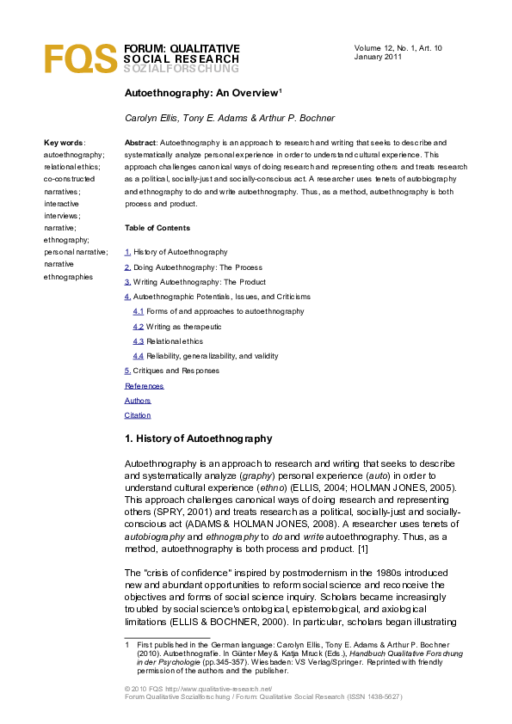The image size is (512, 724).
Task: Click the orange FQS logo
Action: point(79,58)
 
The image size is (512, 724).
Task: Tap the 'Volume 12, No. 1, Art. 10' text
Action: point(398,47)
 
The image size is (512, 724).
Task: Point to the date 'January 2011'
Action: point(378,57)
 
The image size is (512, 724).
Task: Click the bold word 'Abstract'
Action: point(140,143)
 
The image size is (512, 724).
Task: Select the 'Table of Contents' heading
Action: point(157,228)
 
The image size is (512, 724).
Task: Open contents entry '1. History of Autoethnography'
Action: point(176,252)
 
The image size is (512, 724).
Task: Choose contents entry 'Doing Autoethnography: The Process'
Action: point(197,267)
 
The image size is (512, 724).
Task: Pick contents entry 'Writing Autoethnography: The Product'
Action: point(199,282)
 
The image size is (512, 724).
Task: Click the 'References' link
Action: point(144,386)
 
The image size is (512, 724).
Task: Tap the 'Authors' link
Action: point(138,401)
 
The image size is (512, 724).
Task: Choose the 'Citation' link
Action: point(138,415)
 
